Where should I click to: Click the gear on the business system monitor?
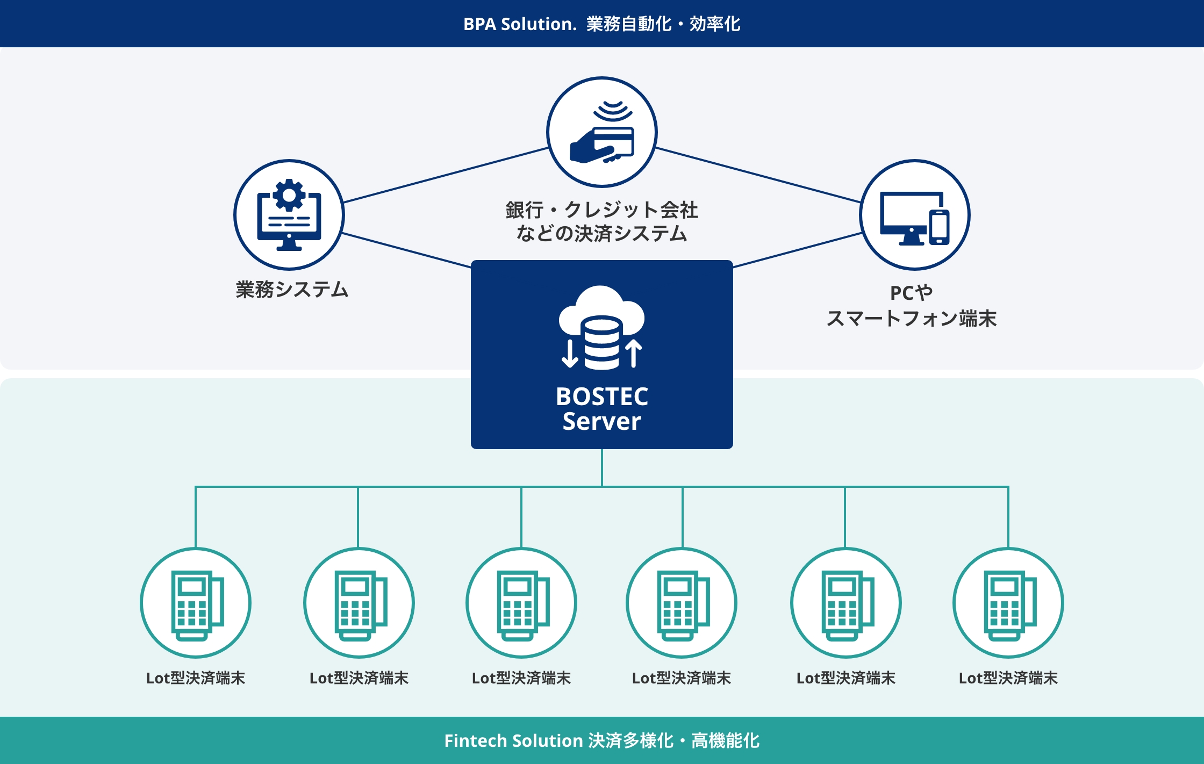289,194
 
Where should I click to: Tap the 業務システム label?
292,290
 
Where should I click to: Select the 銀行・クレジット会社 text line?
601,210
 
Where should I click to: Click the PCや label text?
911,293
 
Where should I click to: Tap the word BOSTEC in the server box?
601,397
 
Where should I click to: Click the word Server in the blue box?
601,421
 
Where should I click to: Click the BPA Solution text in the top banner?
519,24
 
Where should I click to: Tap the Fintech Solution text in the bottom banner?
513,740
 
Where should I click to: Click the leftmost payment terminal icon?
196,603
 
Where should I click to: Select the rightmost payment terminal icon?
1008,603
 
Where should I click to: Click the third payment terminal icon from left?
521,603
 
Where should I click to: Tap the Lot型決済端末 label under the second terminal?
359,678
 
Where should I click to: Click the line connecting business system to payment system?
445,175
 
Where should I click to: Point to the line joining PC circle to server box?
798,250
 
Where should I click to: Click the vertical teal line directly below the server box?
602,467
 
